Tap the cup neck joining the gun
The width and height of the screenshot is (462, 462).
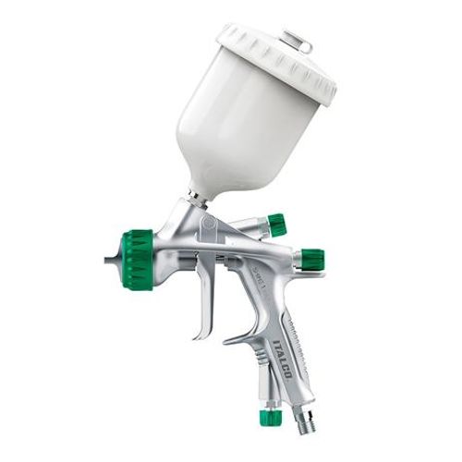(x=196, y=196)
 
